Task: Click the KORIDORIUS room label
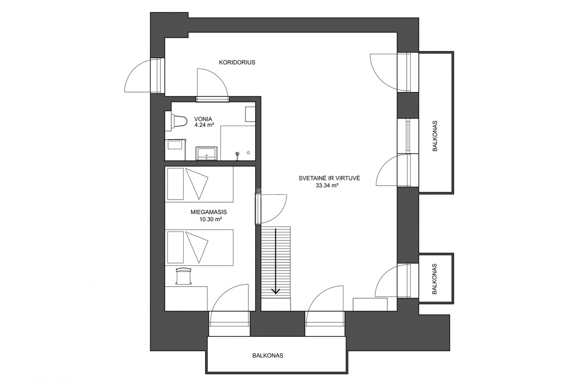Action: click(x=237, y=62)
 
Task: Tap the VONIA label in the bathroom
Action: click(x=203, y=119)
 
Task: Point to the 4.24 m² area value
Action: click(x=204, y=125)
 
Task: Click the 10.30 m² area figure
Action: click(x=210, y=219)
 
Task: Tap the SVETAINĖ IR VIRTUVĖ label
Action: click(x=329, y=178)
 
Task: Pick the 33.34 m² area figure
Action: click(x=327, y=185)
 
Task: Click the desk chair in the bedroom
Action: click(x=183, y=275)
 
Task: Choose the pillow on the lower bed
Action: click(x=175, y=247)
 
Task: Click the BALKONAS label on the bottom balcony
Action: click(x=268, y=356)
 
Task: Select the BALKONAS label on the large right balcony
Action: click(x=435, y=136)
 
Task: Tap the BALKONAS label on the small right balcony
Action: click(x=435, y=279)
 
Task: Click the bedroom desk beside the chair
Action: click(x=186, y=299)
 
